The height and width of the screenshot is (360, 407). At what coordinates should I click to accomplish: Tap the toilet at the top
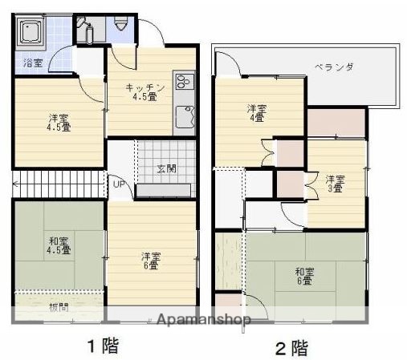(x=122, y=24)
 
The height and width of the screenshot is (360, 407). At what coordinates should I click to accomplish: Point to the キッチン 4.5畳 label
(x=145, y=92)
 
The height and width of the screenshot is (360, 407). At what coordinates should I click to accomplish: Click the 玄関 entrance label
(x=166, y=168)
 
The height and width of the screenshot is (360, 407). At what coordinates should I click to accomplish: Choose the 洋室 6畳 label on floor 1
(x=151, y=261)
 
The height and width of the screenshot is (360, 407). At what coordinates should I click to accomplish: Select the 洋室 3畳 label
(x=335, y=184)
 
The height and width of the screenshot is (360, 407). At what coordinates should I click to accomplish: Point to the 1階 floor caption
(x=103, y=346)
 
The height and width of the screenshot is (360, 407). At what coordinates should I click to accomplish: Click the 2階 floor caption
(x=291, y=348)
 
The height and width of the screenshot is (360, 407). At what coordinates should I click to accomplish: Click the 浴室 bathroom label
(x=32, y=62)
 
